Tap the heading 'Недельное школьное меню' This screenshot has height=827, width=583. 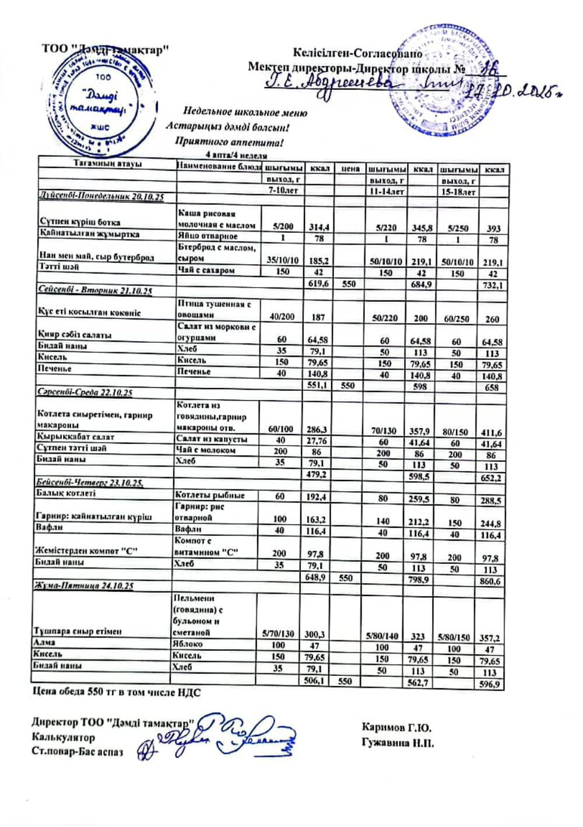point(245,112)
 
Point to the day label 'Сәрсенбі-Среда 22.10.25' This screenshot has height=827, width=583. point(85,393)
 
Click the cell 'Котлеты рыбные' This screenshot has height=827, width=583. point(210,496)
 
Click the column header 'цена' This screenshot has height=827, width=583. point(350,169)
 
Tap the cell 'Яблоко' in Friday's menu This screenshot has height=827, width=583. point(188,644)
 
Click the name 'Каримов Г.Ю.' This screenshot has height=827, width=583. point(396,727)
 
